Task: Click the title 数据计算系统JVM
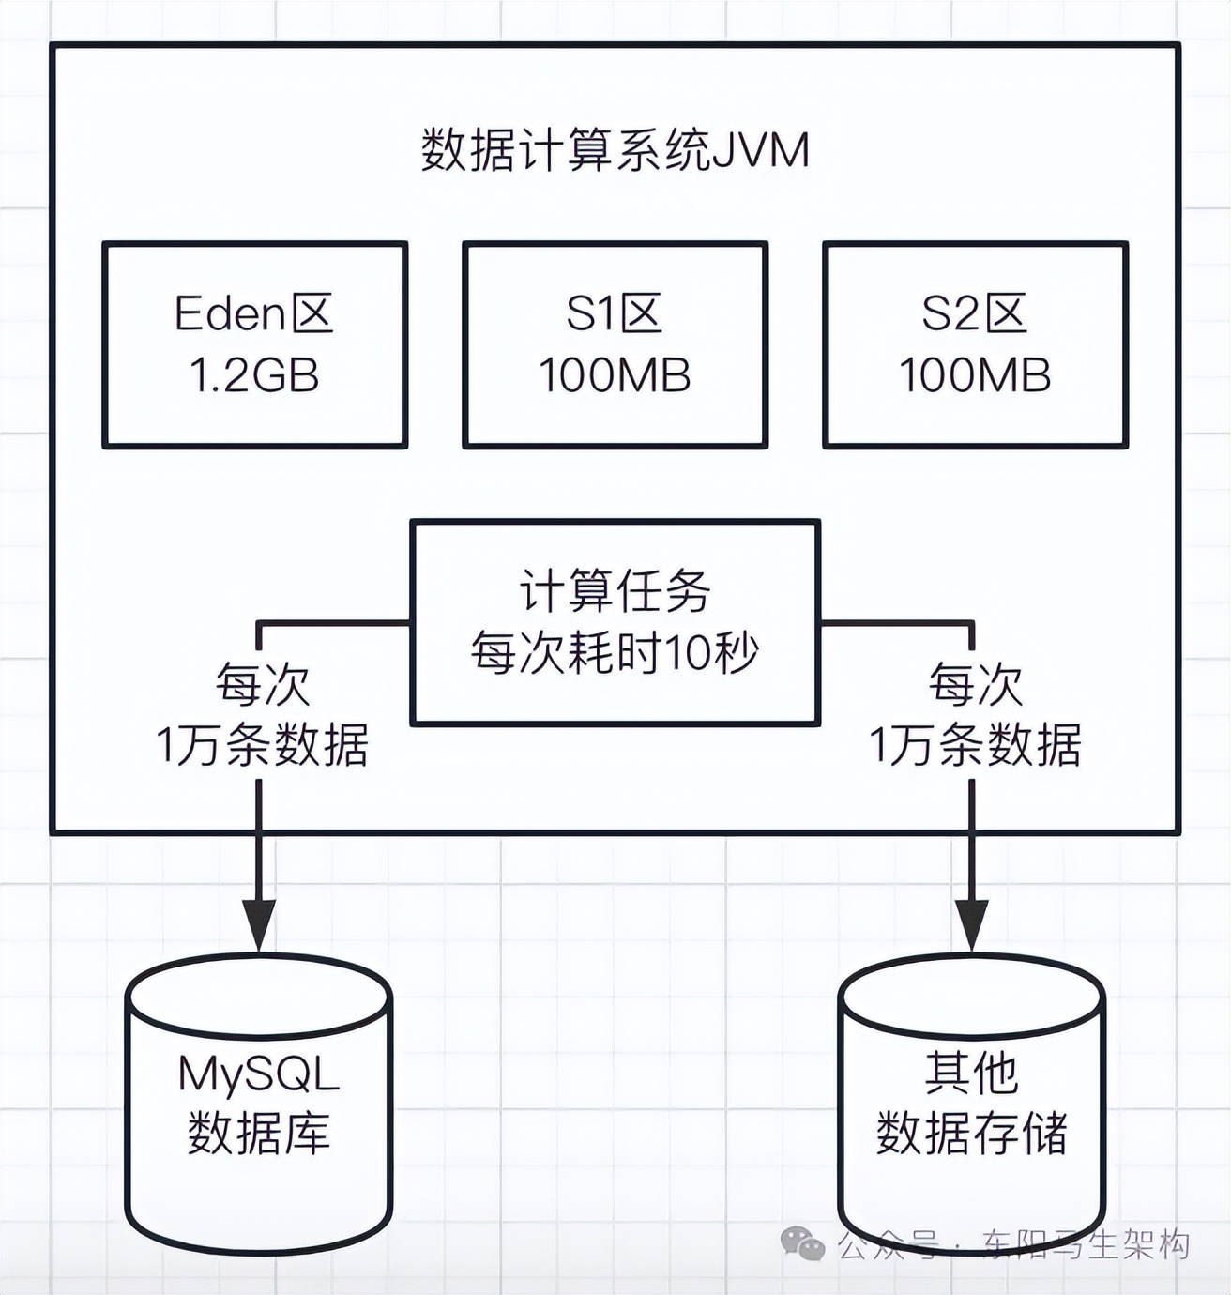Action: (615, 150)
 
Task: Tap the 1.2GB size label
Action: (254, 375)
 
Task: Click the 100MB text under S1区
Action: (615, 375)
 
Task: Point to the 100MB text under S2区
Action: (975, 375)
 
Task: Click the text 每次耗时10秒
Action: (615, 652)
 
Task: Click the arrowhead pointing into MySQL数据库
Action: (258, 924)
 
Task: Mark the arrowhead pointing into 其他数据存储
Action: (971, 924)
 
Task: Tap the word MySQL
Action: (258, 1074)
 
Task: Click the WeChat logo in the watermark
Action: (802, 1244)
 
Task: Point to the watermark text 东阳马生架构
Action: (1086, 1245)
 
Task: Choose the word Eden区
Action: (254, 313)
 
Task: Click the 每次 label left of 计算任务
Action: (263, 685)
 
